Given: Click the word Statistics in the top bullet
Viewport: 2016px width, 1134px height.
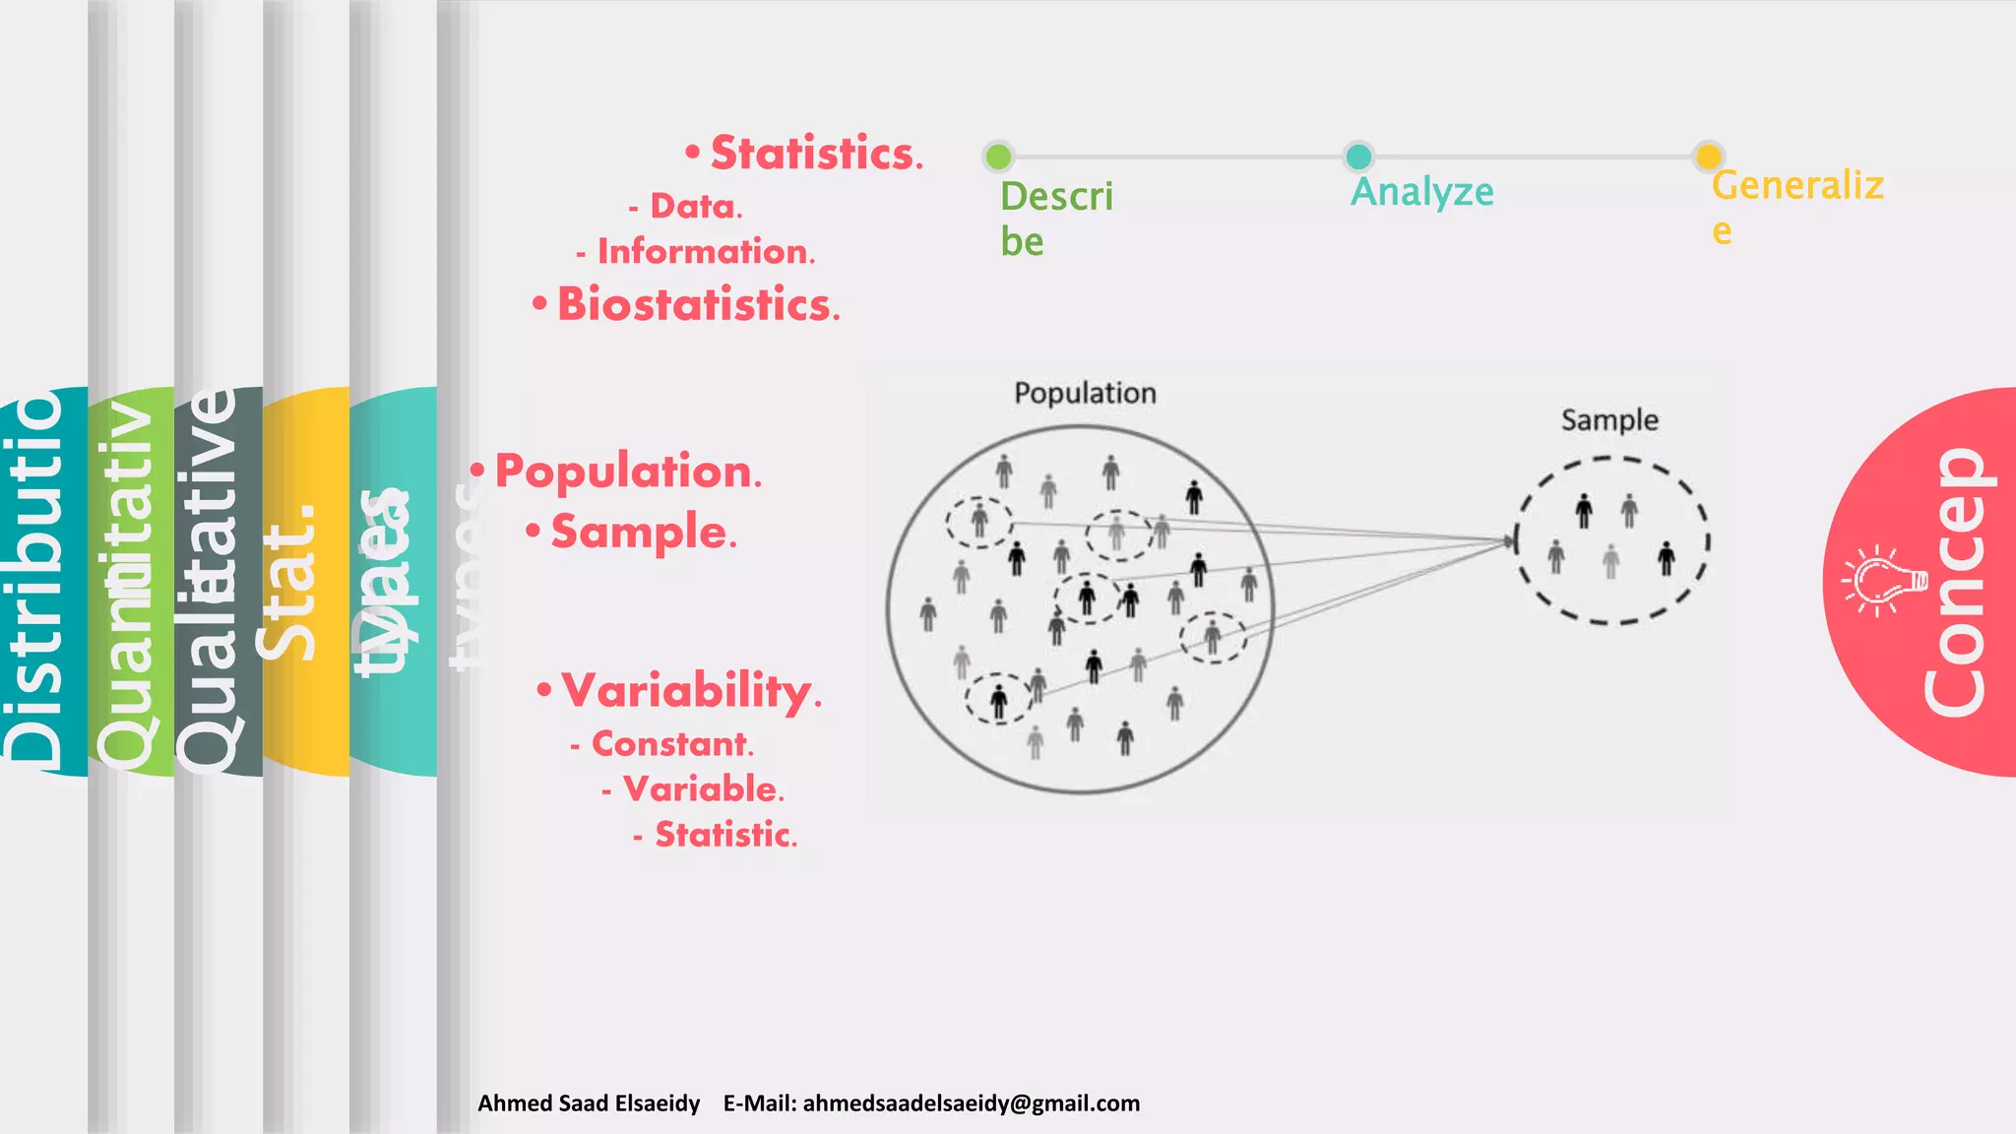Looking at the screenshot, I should click(x=815, y=154).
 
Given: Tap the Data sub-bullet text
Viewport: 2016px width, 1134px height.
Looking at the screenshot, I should click(x=695, y=207).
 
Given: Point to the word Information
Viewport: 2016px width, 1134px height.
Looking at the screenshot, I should click(x=705, y=252).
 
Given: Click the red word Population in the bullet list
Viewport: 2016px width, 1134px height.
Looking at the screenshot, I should click(x=625, y=472).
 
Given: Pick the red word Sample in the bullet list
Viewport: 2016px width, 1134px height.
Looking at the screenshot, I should click(x=641, y=533).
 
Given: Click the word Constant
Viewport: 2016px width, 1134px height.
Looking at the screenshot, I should click(x=671, y=744).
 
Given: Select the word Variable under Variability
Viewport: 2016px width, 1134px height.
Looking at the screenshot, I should click(x=702, y=788).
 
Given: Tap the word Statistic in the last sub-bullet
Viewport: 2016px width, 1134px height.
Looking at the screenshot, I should click(x=724, y=835).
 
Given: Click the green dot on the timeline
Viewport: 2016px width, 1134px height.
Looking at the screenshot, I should click(x=998, y=157).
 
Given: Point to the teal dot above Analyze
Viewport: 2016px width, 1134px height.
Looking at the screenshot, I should click(x=1358, y=157).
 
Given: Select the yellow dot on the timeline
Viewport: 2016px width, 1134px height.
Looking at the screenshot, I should click(x=1708, y=157).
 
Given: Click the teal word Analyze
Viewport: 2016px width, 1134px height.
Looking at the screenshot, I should click(x=1421, y=192).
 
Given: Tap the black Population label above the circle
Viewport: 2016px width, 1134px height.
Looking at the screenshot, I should click(x=1085, y=393).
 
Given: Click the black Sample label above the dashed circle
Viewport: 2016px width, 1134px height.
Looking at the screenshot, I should click(x=1609, y=420).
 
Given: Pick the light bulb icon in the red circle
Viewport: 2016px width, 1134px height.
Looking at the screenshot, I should click(x=1884, y=581).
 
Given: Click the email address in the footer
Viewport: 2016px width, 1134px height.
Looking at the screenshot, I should click(x=971, y=1103).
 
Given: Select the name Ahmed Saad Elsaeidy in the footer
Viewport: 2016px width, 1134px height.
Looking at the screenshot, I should click(x=589, y=1103).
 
